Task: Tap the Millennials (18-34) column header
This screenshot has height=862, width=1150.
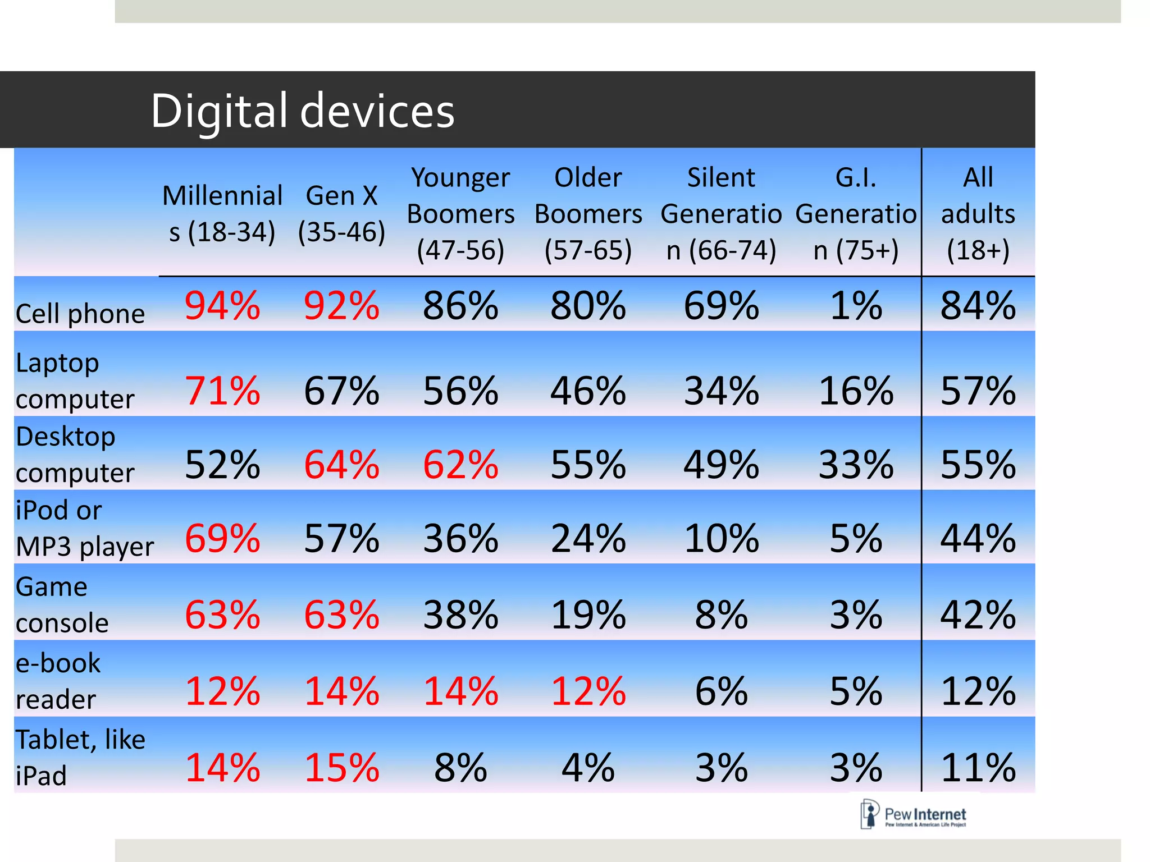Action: click(x=222, y=213)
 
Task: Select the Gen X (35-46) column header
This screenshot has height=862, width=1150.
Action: click(x=341, y=213)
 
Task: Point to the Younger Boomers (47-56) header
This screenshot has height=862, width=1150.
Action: click(x=460, y=213)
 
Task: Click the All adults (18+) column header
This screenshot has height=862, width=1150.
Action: click(x=978, y=213)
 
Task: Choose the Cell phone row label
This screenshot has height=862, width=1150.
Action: click(x=80, y=313)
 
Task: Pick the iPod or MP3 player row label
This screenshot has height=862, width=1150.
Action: click(x=84, y=528)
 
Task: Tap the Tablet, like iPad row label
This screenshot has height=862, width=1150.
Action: click(x=80, y=757)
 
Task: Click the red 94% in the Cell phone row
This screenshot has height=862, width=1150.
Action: click(x=222, y=306)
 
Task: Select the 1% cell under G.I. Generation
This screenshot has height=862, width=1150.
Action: click(x=856, y=306)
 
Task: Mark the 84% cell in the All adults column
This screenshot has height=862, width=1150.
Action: click(x=978, y=306)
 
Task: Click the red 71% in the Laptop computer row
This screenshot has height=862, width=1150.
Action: click(x=222, y=391)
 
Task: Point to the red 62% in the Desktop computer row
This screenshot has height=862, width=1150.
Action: click(x=460, y=465)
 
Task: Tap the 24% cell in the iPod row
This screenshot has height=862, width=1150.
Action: click(x=588, y=539)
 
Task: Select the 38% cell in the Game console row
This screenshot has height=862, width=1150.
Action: click(x=460, y=615)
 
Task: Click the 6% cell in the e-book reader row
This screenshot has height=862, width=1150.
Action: click(x=721, y=691)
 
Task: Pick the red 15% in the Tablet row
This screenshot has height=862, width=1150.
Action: click(x=341, y=767)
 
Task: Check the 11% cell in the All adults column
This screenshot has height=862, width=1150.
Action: click(x=978, y=767)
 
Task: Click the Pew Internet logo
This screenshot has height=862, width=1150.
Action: click(x=914, y=815)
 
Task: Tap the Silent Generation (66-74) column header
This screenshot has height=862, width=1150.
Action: click(x=721, y=213)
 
